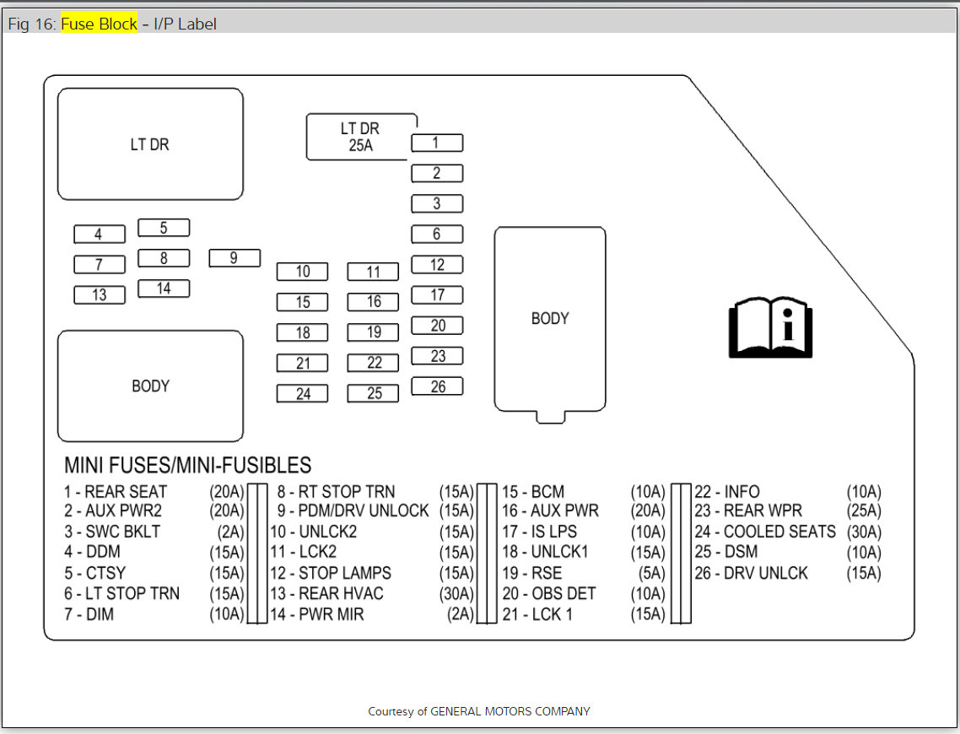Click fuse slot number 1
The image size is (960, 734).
point(437,143)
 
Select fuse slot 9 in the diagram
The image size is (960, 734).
point(235,258)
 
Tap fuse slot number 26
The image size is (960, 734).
point(437,386)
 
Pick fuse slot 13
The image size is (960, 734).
point(100,295)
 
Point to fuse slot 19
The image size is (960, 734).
point(374,332)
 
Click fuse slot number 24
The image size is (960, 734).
point(303,393)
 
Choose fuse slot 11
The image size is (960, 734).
point(374,272)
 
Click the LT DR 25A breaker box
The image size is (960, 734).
point(359,137)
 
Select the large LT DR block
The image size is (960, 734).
point(150,144)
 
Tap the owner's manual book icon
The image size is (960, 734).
point(770,327)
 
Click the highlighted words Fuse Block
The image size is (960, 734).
point(99,24)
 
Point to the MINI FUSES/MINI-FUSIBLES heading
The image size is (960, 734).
point(188,465)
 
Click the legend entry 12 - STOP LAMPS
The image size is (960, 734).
point(331,573)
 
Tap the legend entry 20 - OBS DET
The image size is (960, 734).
point(549,594)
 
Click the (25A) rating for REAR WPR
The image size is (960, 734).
point(864,511)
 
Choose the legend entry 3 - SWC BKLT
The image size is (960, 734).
point(112,532)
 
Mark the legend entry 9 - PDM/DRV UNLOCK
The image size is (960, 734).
point(353,511)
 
